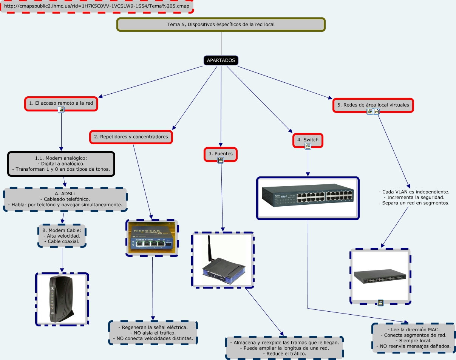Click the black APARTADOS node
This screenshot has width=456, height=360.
click(221, 60)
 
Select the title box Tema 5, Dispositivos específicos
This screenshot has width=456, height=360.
click(221, 25)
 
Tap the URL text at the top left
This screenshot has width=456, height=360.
click(97, 6)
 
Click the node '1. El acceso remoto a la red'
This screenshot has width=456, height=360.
click(61, 103)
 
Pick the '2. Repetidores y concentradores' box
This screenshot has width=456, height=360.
click(131, 137)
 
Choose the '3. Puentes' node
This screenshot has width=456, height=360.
click(221, 154)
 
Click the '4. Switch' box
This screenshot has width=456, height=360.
click(308, 140)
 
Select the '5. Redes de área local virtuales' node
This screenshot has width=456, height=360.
click(373, 105)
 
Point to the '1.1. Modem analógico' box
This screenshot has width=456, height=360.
click(61, 164)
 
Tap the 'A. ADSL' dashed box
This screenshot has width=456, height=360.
click(65, 199)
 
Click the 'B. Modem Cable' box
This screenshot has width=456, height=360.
click(62, 236)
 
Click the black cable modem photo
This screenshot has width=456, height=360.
click(62, 299)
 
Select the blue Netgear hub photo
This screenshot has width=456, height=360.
click(152, 238)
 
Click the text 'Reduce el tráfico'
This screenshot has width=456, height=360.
click(284, 354)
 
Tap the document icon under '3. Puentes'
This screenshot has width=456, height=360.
click(221, 161)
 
